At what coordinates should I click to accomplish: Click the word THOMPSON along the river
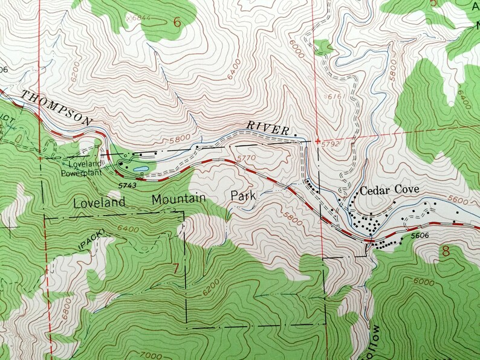57,108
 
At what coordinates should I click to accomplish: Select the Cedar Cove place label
389,190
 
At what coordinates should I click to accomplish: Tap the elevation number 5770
247,158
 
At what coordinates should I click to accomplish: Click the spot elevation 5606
423,239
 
